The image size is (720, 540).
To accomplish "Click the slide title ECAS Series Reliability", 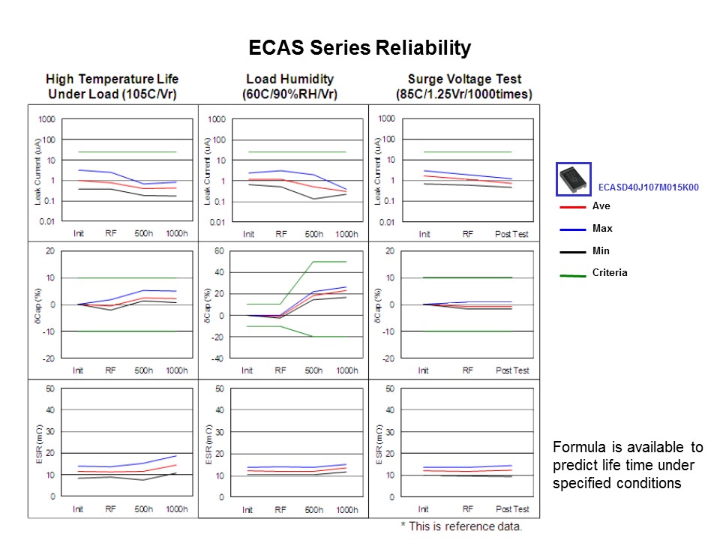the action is point(359,48).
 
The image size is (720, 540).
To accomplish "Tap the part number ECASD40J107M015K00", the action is point(648,187).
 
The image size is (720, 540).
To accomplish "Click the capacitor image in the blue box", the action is point(574,179).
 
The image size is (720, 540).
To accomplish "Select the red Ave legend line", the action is point(572,207).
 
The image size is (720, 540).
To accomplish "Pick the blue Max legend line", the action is point(572,229).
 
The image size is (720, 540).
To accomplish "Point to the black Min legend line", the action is point(572,252).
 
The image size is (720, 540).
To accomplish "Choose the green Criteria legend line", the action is point(572,275).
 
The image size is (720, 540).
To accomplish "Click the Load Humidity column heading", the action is point(289,86).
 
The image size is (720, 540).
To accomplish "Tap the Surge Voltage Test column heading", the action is point(464,86).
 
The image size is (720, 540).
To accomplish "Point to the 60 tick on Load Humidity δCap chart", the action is point(219,251).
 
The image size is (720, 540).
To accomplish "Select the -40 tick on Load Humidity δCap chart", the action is point(217,358).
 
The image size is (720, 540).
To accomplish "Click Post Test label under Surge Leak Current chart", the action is point(511,234).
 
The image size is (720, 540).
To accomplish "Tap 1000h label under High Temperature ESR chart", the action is point(177,508).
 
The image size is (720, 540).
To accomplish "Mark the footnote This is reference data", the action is point(461,526).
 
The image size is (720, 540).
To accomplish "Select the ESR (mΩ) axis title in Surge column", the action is point(379,444).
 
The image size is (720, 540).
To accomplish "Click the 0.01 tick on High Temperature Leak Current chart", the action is point(46,222).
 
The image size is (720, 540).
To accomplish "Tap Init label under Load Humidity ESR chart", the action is point(247,510).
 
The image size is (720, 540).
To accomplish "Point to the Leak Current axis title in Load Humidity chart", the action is point(208,170).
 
